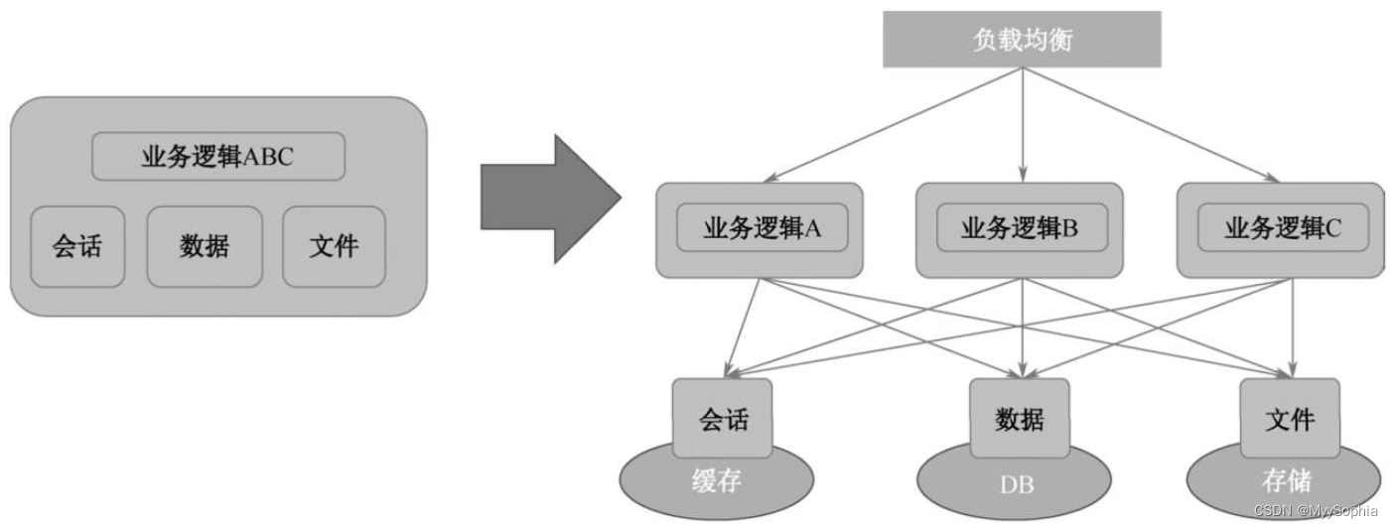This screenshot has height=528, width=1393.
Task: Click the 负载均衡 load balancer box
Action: [1022, 40]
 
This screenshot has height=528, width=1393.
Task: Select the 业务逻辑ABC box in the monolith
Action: [218, 157]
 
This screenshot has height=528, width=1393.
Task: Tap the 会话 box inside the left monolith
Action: [77, 245]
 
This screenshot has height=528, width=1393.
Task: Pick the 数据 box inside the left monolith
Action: [205, 246]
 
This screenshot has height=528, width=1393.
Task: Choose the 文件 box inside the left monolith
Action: [334, 245]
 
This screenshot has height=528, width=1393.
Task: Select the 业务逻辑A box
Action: [761, 229]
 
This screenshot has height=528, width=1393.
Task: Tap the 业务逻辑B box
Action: [1020, 229]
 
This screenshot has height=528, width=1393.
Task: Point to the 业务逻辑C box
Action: [1282, 229]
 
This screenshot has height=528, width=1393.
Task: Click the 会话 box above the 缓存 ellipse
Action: [722, 418]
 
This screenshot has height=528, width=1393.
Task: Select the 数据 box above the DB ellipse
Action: [1020, 418]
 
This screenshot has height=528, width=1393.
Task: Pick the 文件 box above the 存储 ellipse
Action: [1290, 418]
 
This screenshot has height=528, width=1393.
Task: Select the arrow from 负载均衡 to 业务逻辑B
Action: [1022, 124]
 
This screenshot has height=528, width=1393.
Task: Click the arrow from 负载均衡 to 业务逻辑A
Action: [894, 124]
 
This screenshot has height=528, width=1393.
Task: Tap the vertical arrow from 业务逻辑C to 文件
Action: [1292, 328]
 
